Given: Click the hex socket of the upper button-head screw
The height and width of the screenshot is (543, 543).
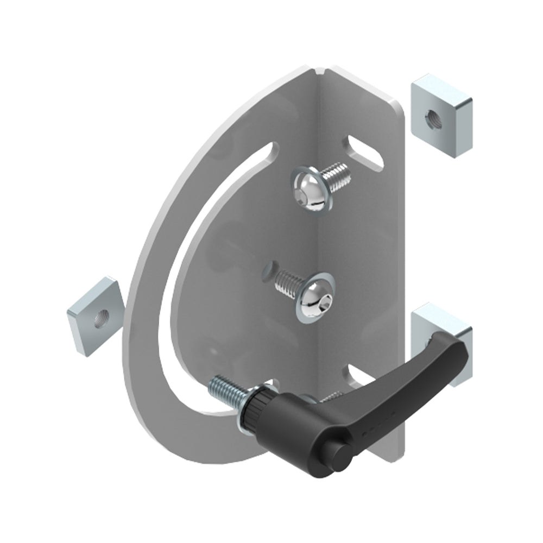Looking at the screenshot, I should click(x=308, y=191).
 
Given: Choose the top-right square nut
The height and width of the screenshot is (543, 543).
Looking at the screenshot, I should click(x=441, y=118).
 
